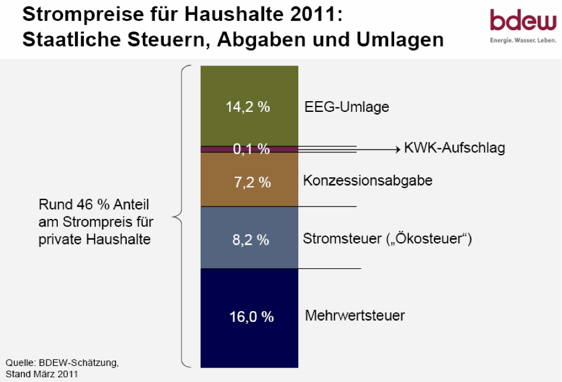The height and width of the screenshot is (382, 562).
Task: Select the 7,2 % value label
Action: click(251, 183)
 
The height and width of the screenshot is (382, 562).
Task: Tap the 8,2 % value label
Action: click(251, 240)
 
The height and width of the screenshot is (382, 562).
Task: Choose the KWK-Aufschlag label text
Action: click(454, 148)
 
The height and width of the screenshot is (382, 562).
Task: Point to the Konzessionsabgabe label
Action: click(367, 180)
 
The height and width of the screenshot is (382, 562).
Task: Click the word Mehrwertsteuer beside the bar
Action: click(355, 315)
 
